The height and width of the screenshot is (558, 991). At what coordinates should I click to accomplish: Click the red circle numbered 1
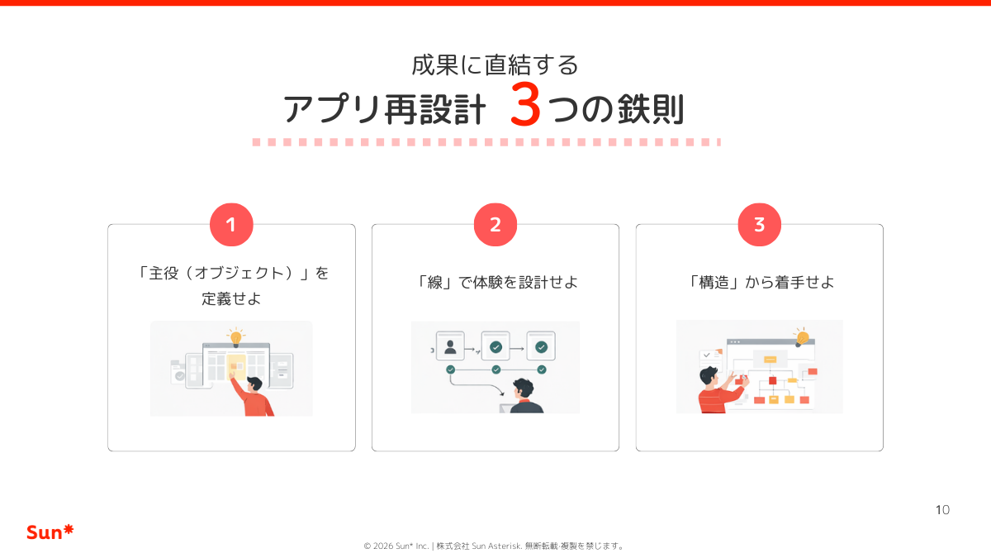coord(231,225)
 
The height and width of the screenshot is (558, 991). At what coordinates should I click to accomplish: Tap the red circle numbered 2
coord(495,225)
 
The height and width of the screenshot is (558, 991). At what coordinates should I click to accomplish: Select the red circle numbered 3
coord(760,225)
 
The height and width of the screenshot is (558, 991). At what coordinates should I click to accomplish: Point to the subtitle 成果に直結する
coord(495,64)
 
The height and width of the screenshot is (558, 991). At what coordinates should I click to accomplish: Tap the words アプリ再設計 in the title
coord(385,109)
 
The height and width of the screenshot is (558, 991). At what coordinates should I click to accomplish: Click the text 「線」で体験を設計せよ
coord(495,282)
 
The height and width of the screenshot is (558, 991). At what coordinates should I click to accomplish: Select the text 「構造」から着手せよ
coord(760,282)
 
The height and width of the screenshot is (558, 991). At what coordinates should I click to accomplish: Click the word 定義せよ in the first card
coord(231,299)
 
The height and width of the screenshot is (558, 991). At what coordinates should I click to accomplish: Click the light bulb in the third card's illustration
coord(801,336)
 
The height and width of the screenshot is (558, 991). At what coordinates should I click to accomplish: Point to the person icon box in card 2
coord(450,346)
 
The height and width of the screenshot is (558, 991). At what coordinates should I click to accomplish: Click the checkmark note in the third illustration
coord(709,357)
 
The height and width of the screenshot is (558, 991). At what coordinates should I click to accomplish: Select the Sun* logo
coord(50,532)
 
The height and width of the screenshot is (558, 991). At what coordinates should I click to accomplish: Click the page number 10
coord(942,509)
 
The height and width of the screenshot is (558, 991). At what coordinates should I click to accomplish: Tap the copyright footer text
coord(495,546)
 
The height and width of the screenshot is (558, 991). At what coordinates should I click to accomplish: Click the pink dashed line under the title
coord(486,142)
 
